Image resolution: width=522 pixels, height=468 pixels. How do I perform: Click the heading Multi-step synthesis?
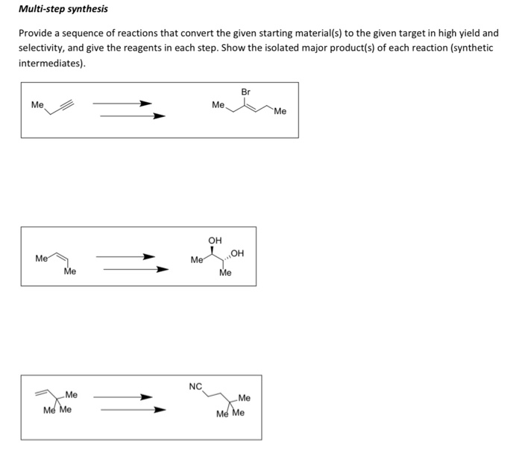[x=63, y=9]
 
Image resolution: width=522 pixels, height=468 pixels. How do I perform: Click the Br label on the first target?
[x=245, y=92]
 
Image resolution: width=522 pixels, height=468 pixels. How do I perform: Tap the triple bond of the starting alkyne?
[x=67, y=105]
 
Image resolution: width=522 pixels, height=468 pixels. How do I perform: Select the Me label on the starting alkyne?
[x=37, y=105]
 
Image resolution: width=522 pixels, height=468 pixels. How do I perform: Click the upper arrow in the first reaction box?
[x=122, y=104]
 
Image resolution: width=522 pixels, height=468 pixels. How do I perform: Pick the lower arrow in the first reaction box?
[x=133, y=116]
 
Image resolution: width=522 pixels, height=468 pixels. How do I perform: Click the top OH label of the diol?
[x=215, y=240]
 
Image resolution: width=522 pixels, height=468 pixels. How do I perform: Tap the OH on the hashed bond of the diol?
[x=237, y=253]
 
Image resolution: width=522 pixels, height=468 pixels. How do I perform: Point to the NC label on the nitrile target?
[x=195, y=387]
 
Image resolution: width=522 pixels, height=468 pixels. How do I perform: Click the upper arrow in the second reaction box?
[x=125, y=257]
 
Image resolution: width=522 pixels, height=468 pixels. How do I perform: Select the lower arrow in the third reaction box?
[x=133, y=410]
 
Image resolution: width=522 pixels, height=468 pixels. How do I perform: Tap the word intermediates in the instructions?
[x=50, y=63]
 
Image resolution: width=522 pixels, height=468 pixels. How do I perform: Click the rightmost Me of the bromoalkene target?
[x=280, y=112]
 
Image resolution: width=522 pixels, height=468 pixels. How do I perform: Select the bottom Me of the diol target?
[x=225, y=273]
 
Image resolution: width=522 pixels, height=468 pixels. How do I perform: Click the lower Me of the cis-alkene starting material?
[x=70, y=272]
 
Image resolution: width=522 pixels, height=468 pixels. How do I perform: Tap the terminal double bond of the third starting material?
[x=42, y=393]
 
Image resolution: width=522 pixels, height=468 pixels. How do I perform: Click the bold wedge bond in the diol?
[x=212, y=250]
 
